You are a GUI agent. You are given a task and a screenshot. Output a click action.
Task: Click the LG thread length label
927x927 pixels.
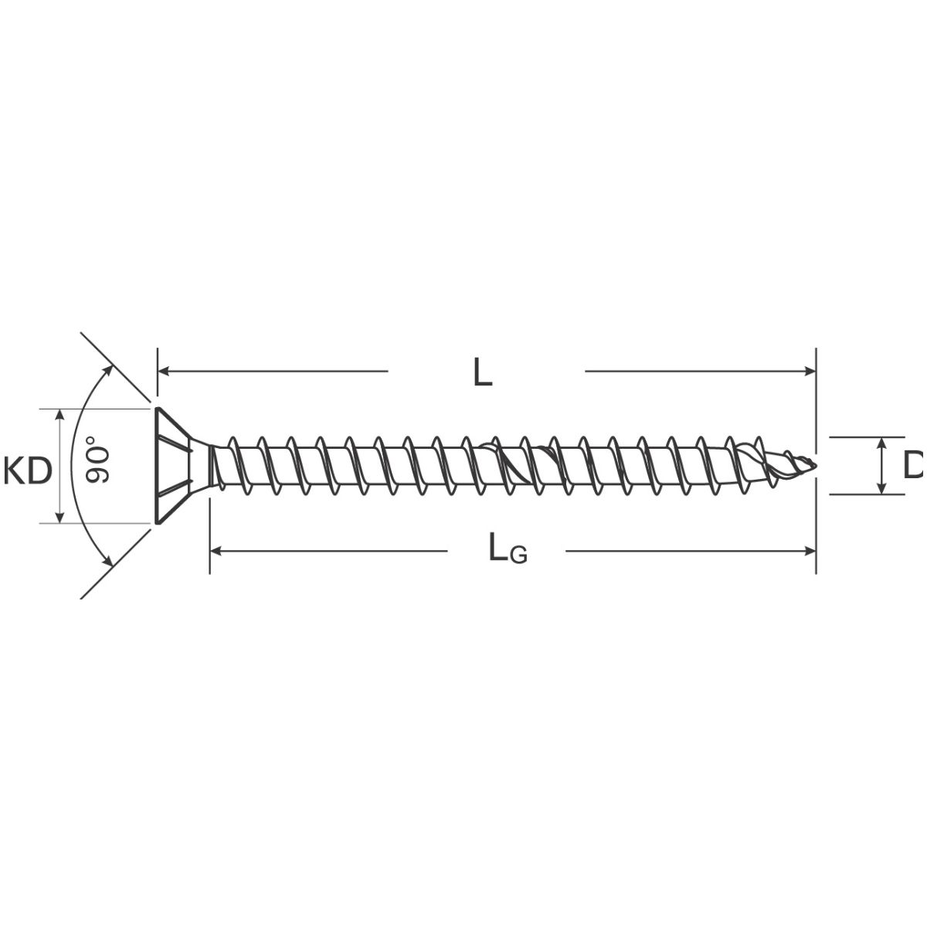[x=508, y=548]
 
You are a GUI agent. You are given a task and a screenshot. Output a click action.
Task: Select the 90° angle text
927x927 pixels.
[x=97, y=459]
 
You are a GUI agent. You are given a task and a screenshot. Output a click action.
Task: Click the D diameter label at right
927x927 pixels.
[x=915, y=465]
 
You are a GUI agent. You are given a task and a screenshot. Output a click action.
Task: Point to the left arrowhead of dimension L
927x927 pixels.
[x=164, y=371]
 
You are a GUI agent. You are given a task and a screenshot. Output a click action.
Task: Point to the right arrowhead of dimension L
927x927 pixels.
[x=810, y=371]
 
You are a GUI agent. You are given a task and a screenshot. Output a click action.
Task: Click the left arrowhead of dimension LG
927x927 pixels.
[x=216, y=551]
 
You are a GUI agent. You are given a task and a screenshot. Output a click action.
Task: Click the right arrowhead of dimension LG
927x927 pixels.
[x=810, y=551]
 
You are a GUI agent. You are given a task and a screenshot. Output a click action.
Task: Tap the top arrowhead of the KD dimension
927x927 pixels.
[x=59, y=415]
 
